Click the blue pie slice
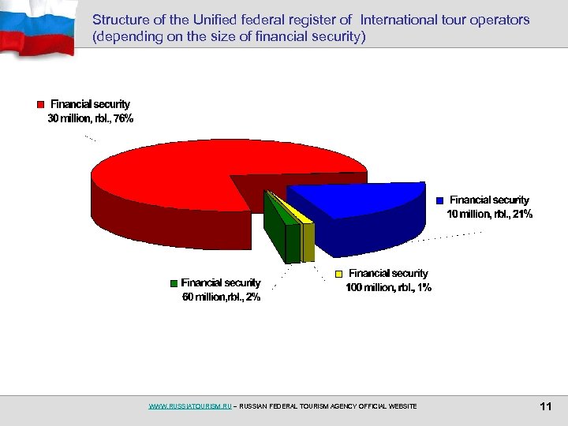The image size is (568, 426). [355, 201]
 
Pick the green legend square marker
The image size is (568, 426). [173, 283]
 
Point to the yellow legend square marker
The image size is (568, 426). [339, 274]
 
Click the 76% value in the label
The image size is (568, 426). [121, 119]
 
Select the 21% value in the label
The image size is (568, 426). [522, 215]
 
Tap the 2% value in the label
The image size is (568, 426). [252, 297]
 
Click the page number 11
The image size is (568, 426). [544, 406]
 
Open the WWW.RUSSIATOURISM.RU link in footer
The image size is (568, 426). [190, 406]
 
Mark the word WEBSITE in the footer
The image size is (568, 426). [401, 406]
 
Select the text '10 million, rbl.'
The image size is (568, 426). [477, 215]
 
